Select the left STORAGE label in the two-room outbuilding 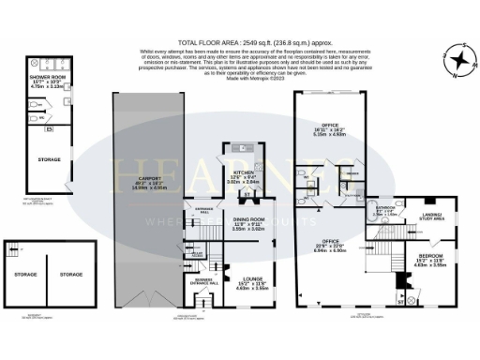pyautogui.click(x=24, y=275)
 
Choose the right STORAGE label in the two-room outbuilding pyautogui.click(x=71, y=275)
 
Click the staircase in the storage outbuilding pyautogui.click(x=14, y=250)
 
